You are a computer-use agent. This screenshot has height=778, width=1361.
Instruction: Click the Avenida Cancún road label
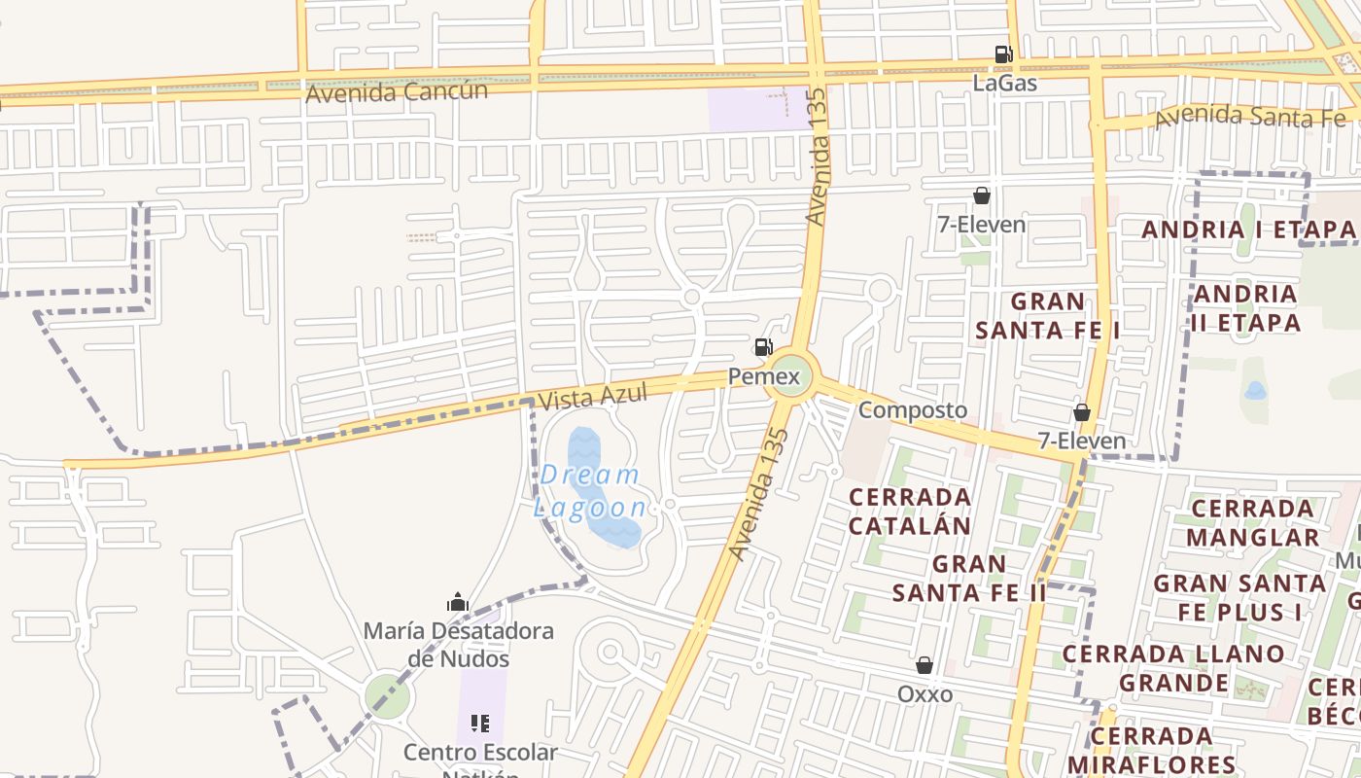point(396,92)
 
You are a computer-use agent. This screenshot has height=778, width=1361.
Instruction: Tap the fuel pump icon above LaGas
point(1003,54)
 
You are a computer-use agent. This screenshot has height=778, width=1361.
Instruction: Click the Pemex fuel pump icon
point(763,347)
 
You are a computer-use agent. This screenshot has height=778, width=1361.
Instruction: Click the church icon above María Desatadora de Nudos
point(458,603)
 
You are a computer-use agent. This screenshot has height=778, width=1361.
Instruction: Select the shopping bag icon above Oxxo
point(925,665)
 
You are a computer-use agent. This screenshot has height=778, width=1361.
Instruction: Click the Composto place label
point(913,410)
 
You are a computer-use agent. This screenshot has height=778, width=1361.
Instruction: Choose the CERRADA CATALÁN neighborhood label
point(910,512)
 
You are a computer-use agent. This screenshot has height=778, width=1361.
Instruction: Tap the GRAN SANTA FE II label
point(969,578)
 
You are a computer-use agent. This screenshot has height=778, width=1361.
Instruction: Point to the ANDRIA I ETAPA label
point(1248,230)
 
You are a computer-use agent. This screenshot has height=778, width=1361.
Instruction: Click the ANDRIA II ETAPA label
point(1245,307)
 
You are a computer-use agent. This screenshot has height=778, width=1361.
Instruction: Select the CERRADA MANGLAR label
point(1252,522)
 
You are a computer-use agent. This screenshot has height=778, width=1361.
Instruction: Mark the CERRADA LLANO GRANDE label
point(1173,667)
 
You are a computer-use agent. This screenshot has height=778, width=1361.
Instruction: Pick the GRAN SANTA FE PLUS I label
point(1239,597)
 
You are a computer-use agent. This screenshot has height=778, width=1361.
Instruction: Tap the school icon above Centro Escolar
point(480,724)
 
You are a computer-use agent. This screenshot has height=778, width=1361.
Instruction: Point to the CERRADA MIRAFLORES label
point(1151,749)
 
